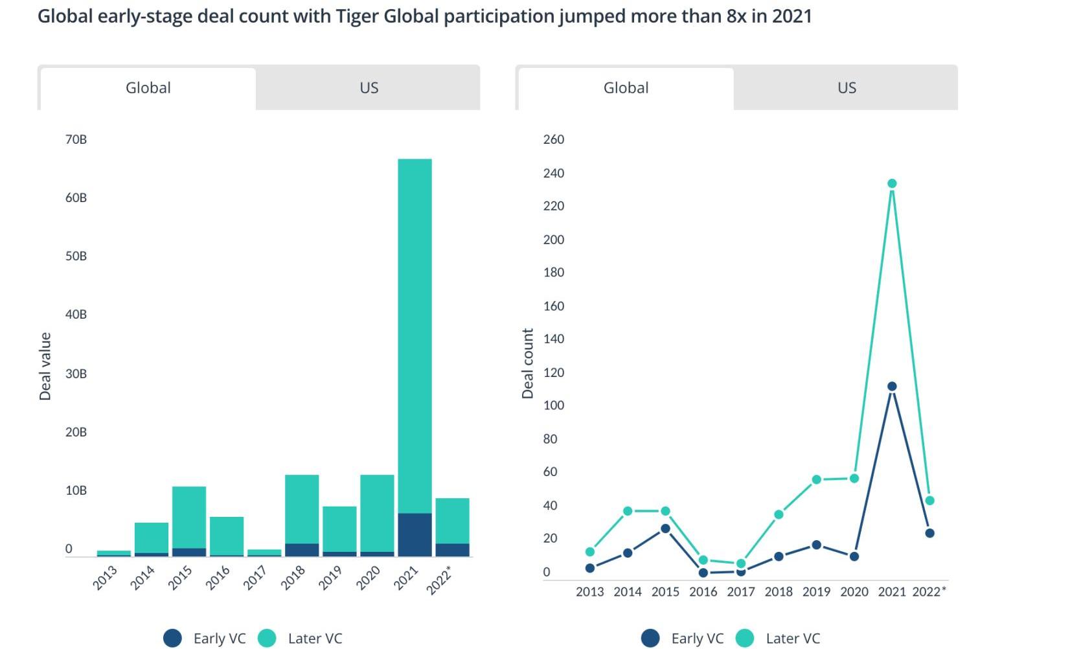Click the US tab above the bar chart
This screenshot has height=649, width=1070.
pyautogui.click(x=369, y=88)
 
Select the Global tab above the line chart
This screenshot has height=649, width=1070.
pyautogui.click(x=626, y=88)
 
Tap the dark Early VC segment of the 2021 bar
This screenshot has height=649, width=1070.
pyautogui.click(x=415, y=534)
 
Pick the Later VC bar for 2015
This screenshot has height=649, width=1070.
pyautogui.click(x=189, y=517)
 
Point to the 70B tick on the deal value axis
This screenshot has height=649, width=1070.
pyautogui.click(x=76, y=139)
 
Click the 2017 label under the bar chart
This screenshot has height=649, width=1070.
pyautogui.click(x=255, y=577)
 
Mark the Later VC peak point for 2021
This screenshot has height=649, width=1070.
pyautogui.click(x=892, y=183)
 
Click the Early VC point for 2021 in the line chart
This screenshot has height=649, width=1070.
pyautogui.click(x=892, y=387)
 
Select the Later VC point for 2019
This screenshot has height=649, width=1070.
pyautogui.click(x=817, y=480)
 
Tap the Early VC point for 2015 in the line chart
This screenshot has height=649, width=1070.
pyautogui.click(x=665, y=529)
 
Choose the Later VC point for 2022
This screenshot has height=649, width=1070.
pyautogui.click(x=930, y=501)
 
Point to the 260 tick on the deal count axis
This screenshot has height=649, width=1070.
pyautogui.click(x=554, y=139)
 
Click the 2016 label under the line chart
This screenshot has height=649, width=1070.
pyautogui.click(x=703, y=591)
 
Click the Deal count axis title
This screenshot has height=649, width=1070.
pyautogui.click(x=528, y=363)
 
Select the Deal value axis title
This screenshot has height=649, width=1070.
pyautogui.click(x=45, y=366)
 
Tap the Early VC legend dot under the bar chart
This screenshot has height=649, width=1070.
pyautogui.click(x=173, y=639)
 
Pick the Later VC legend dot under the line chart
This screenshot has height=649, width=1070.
pyautogui.click(x=745, y=639)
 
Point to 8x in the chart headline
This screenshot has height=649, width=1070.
pyautogui.click(x=736, y=16)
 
